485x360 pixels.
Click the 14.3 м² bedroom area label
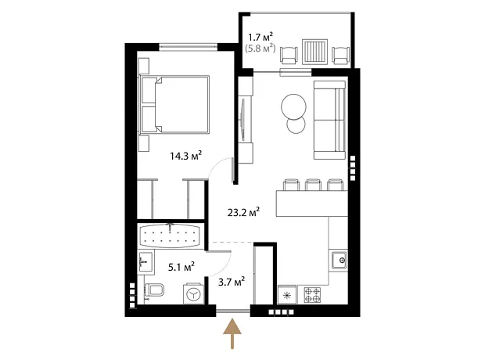185,156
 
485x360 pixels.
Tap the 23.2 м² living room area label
243,212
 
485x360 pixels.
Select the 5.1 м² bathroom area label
181,267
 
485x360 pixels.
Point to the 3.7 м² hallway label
232,282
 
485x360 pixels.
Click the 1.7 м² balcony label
260,38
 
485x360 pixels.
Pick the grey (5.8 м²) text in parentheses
260,49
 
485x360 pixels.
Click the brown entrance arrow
232,334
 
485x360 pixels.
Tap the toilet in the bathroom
155,290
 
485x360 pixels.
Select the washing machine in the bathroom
194,294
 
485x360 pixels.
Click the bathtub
170,235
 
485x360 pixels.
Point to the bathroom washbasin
145,262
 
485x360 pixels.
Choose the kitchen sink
339,261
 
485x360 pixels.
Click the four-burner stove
312,295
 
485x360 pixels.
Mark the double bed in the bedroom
174,104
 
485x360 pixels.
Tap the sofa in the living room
329,120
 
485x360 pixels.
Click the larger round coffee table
293,106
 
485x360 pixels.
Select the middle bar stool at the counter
313,185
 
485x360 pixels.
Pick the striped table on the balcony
315,52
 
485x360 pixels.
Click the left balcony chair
289,55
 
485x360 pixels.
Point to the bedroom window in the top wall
188,47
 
